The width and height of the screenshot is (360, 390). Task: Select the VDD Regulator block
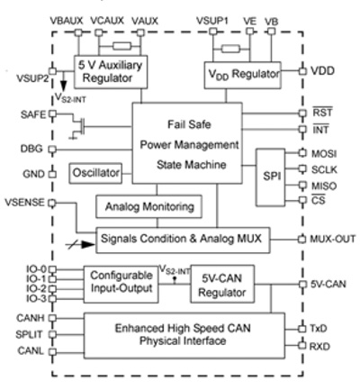pyautogui.click(x=241, y=74)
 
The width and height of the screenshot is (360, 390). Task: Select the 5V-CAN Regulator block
pyautogui.click(x=224, y=286)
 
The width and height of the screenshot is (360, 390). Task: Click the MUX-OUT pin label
pyautogui.click(x=333, y=239)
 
